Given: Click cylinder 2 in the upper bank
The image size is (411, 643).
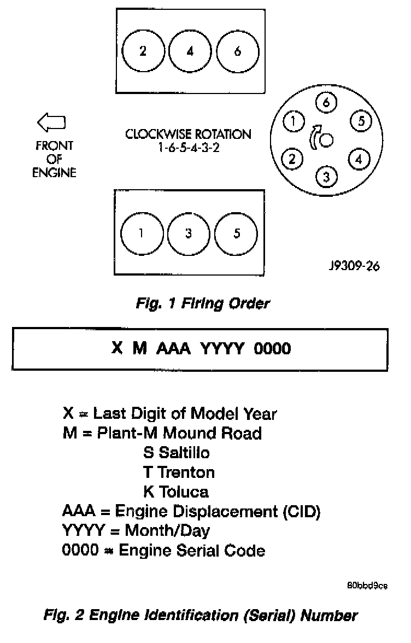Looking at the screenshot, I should click(x=143, y=51).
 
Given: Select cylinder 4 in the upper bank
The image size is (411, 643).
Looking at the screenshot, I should click(x=190, y=51).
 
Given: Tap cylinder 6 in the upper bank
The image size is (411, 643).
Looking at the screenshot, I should click(x=237, y=51).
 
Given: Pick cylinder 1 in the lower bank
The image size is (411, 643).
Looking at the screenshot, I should click(x=141, y=233).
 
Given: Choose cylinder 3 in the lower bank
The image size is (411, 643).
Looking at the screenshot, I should click(x=188, y=233).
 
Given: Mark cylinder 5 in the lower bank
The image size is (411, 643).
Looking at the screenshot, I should click(x=236, y=233).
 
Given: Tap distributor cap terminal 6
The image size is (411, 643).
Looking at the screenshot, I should click(x=326, y=102).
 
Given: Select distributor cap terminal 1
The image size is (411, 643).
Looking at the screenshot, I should click(x=294, y=121).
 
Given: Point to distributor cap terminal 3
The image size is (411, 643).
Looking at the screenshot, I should click(x=326, y=177).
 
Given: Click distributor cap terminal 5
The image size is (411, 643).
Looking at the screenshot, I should click(x=360, y=121).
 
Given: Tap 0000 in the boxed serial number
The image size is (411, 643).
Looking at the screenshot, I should click(x=272, y=348).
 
